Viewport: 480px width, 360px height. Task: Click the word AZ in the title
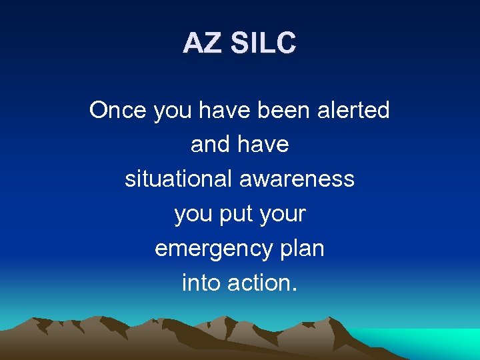coord(202,44)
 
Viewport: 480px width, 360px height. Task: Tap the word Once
coord(119,110)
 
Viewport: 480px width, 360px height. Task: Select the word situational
coord(176,179)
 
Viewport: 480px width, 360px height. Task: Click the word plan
coord(301,249)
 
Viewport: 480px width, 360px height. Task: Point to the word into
coord(201,283)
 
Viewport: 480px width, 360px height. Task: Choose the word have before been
coord(226,110)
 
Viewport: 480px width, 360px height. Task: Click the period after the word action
coord(294,290)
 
